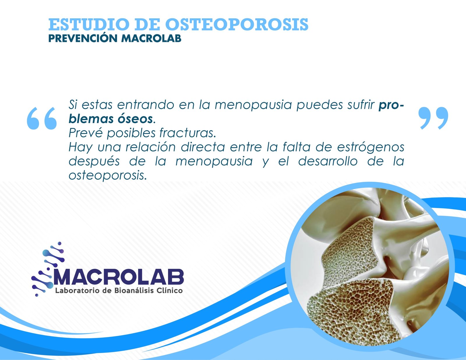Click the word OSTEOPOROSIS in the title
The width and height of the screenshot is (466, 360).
[x=237, y=25]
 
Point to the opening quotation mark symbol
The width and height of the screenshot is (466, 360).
[x=42, y=118]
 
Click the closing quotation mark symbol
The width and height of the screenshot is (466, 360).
[x=433, y=118]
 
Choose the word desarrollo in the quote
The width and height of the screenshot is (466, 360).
[x=328, y=161]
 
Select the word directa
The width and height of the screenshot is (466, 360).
[x=203, y=147]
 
